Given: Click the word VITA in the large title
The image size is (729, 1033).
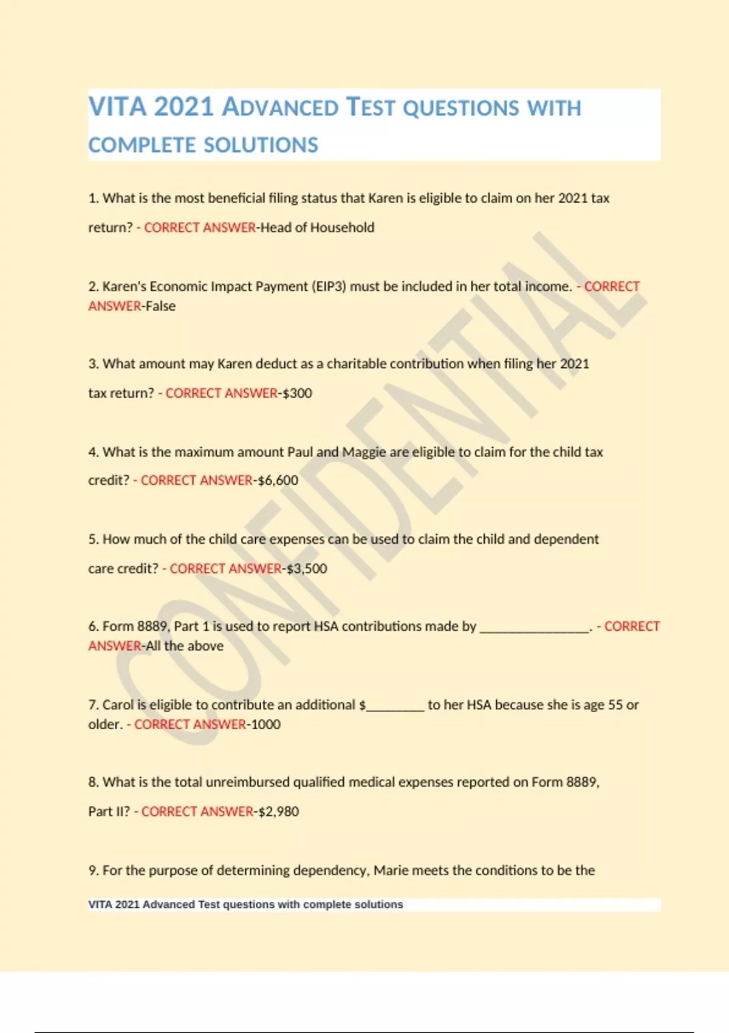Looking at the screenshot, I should tap(117, 107).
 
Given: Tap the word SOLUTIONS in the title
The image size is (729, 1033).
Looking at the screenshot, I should tap(261, 145).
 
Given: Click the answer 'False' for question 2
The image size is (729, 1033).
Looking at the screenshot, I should tap(160, 306).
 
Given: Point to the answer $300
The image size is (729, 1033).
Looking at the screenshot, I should tap(297, 393).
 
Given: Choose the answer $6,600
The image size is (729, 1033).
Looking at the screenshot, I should tap(278, 481).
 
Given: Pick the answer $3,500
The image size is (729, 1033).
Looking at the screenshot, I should tap(307, 569).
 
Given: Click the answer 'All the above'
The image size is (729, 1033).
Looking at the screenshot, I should tap(185, 646).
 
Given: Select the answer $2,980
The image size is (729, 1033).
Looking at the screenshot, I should tap(279, 812).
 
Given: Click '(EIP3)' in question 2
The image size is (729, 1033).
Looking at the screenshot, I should tap(329, 286).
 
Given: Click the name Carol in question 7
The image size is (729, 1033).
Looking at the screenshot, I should tap(118, 705).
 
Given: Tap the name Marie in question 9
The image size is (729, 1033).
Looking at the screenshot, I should tap(391, 871).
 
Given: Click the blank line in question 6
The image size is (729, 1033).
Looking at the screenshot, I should tap(535, 628).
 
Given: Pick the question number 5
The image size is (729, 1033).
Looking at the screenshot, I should tap(93, 540).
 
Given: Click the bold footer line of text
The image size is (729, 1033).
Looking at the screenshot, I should tap(245, 904).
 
